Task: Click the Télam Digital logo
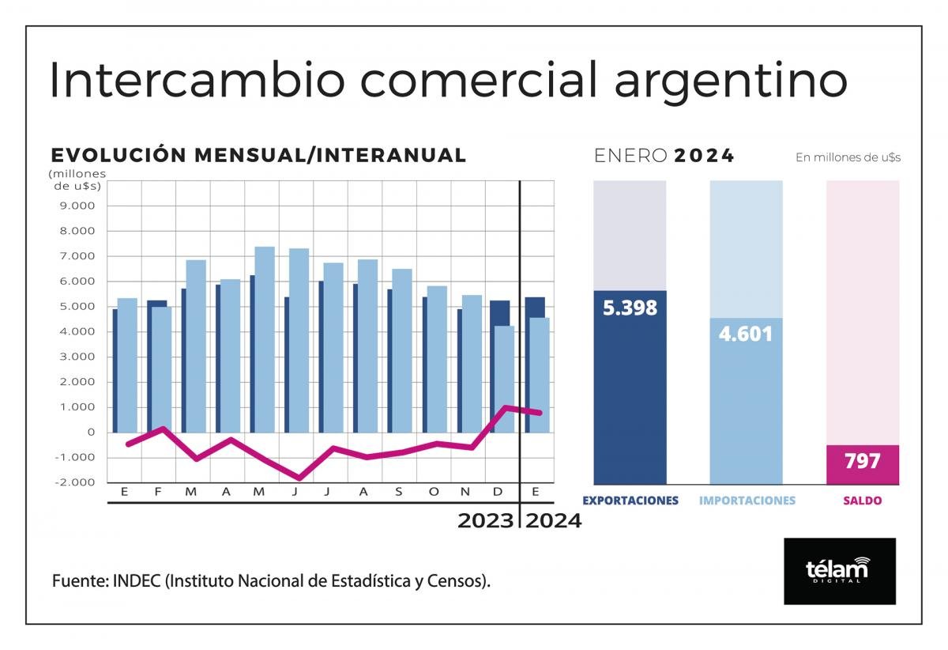click(x=839, y=571)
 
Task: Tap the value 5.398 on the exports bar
click(x=630, y=308)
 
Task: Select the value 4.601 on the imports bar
click(x=746, y=334)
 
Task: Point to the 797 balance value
click(x=862, y=461)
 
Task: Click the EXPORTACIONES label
click(x=630, y=501)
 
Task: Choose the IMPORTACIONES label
click(x=747, y=501)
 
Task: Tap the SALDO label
click(x=862, y=501)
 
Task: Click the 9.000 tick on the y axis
click(x=77, y=206)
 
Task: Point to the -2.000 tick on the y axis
click(x=75, y=482)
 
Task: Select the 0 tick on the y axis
click(x=91, y=432)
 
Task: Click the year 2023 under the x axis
click(x=484, y=521)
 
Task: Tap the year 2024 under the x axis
click(x=554, y=521)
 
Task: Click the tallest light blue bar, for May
click(x=265, y=340)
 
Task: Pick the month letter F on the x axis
click(x=158, y=492)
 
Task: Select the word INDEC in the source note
click(x=137, y=581)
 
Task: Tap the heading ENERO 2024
click(x=664, y=156)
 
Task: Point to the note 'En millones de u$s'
click(x=848, y=157)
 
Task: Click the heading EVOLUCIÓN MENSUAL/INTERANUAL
click(x=258, y=155)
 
